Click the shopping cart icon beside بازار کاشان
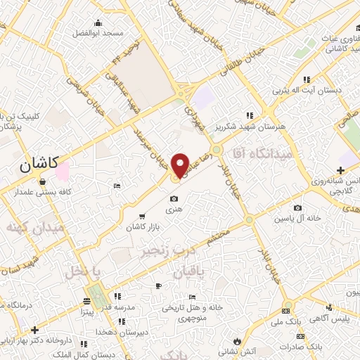tap(143, 217)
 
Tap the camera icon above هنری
tap(173, 199)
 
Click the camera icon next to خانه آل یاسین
tap(299, 207)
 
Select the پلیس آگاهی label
tap(330, 320)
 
